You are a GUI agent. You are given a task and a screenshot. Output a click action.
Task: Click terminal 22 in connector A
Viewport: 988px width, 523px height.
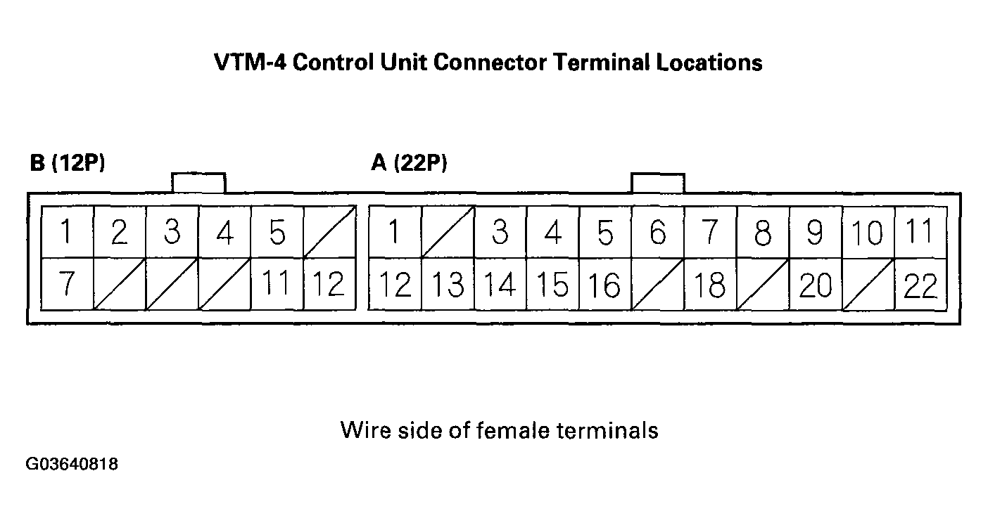(920, 285)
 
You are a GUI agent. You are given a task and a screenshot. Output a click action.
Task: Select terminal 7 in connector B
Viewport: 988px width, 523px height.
(67, 285)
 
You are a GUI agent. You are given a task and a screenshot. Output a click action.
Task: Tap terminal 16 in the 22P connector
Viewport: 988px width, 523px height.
(604, 285)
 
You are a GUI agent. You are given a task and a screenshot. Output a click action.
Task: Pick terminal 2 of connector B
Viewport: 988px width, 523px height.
(120, 232)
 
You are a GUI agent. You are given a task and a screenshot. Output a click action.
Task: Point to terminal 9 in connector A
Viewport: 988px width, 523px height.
(815, 232)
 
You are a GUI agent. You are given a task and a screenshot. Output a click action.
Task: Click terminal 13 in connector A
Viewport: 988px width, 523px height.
(448, 285)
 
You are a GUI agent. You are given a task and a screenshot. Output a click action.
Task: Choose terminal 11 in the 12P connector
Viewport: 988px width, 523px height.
(277, 285)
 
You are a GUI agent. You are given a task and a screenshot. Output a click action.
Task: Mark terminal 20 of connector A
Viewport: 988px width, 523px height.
(815, 285)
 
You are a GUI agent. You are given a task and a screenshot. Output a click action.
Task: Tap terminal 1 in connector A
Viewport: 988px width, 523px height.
(395, 232)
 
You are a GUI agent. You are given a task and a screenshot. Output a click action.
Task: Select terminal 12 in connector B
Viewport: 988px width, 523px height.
(329, 285)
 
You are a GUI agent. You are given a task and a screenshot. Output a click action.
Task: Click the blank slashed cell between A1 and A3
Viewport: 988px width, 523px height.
(448, 232)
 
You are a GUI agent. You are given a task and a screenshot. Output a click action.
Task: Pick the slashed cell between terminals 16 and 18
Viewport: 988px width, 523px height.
(657, 285)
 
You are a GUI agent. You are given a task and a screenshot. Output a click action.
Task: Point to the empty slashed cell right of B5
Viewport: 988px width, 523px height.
(329, 232)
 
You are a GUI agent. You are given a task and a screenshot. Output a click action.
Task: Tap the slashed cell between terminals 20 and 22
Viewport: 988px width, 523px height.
(868, 285)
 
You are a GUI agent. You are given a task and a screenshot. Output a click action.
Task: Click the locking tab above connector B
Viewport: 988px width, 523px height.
(198, 182)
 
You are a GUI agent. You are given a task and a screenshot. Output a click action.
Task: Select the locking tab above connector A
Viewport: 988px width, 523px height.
(658, 182)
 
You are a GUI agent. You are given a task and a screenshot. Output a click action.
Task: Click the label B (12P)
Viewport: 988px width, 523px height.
(68, 163)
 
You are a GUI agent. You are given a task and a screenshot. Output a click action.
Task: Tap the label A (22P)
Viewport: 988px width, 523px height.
(409, 163)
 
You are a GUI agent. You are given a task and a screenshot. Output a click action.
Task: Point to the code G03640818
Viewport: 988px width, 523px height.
(72, 464)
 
